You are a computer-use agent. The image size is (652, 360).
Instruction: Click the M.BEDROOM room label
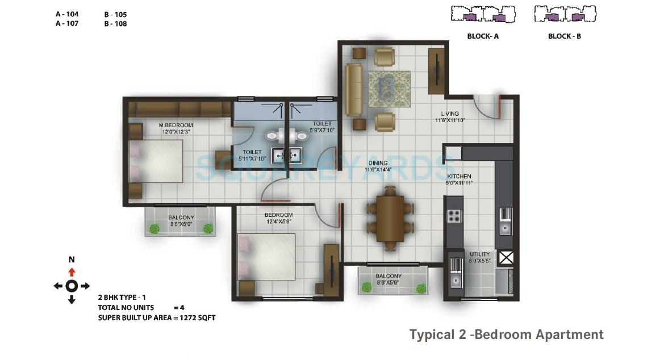point(175,125)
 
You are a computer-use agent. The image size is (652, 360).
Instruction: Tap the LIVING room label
point(450,114)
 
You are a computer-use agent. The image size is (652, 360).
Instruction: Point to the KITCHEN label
point(458,177)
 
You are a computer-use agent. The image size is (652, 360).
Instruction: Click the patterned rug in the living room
point(389,89)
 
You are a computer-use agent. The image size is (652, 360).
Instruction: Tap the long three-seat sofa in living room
point(354,89)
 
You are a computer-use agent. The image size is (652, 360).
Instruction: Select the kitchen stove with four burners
point(454,216)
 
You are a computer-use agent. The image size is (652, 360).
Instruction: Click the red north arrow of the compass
point(72,272)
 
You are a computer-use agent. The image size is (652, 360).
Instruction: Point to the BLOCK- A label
point(483,36)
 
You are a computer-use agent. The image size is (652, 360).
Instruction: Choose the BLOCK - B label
point(564,36)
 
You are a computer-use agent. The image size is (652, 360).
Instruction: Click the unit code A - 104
point(67,13)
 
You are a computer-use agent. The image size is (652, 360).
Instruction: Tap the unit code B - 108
point(115,24)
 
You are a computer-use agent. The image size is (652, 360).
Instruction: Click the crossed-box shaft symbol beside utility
point(505,258)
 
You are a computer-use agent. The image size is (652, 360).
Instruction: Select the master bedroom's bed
point(156,161)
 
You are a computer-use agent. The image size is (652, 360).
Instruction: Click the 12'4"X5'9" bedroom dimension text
point(278,221)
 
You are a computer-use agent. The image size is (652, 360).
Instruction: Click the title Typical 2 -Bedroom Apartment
point(507,334)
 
